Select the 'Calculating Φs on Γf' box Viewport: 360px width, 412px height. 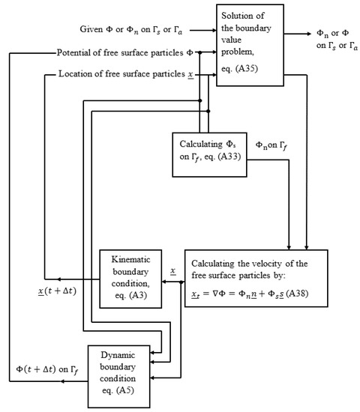point(209,155)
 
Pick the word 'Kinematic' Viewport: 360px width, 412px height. point(130,260)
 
